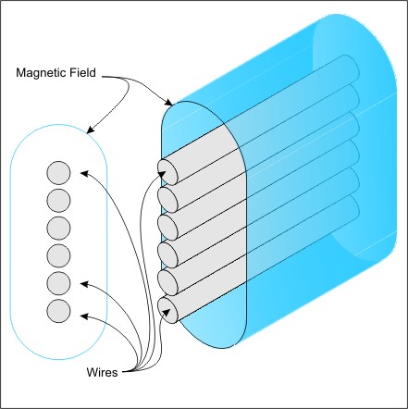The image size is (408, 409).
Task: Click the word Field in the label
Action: [86, 72]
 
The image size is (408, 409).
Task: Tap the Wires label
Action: [102, 372]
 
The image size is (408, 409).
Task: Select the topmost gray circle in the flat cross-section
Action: [58, 173]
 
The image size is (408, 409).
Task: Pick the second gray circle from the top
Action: [58, 201]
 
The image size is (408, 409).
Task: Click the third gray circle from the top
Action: [58, 228]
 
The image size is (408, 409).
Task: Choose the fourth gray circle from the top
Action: [58, 255]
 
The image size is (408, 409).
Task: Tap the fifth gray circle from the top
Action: [58, 283]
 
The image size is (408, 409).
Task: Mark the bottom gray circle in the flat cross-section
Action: [58, 311]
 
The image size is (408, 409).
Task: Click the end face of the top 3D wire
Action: [167, 172]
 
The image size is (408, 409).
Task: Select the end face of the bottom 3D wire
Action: [167, 310]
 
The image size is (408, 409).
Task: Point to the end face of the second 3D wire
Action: [167, 199]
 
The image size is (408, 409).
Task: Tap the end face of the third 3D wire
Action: [167, 227]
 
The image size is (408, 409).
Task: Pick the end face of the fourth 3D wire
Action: [167, 254]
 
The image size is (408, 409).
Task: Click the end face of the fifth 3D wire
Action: [167, 282]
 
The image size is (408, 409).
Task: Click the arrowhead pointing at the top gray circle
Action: [84, 173]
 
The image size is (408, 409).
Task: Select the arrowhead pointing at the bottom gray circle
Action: [84, 316]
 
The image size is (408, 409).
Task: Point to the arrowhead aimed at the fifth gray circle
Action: [84, 284]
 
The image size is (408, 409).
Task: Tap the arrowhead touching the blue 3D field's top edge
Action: [168, 102]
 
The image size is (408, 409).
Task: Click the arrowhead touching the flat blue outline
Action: [91, 130]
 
